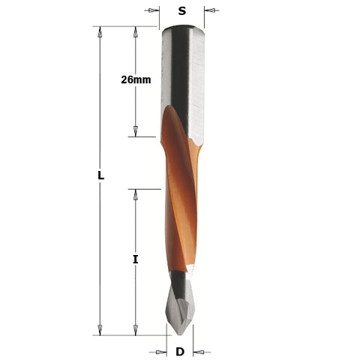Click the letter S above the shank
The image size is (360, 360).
[181, 10]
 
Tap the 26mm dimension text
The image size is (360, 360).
[136, 79]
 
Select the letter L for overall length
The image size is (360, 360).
[100, 175]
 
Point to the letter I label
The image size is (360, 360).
[136, 259]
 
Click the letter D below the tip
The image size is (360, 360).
[180, 351]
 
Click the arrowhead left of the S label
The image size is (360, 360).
[154, 10]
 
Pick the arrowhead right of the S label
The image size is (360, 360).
[209, 10]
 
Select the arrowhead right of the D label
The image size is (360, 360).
[199, 351]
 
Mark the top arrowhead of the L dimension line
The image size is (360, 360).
[100, 31]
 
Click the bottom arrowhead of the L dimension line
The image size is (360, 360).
[100, 330]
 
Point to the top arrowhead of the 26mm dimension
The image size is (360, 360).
[136, 31]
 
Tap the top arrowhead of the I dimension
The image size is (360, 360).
[136, 194]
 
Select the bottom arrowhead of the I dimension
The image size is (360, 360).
[136, 330]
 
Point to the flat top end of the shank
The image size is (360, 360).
[181, 28]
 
